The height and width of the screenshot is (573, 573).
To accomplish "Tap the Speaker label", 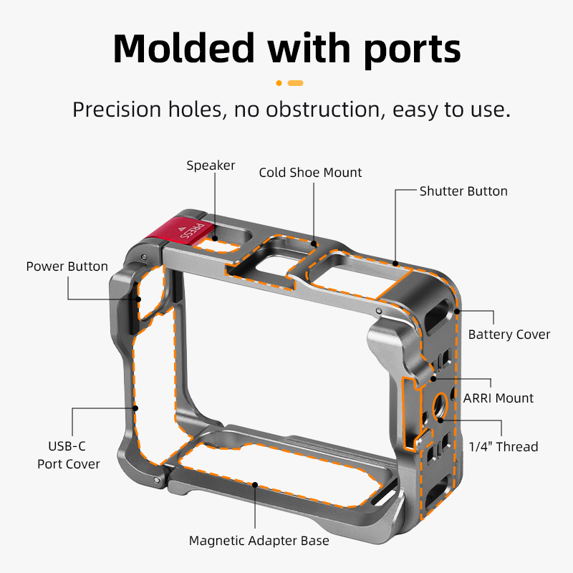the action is [x=211, y=165].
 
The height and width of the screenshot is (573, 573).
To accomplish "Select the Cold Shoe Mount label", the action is [x=310, y=173].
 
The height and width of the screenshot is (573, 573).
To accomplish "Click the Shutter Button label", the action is [x=463, y=191].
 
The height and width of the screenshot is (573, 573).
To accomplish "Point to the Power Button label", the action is [x=67, y=266].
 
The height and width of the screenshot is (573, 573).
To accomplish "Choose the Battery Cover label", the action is [x=509, y=334].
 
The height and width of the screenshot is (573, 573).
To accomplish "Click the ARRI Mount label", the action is [x=498, y=398].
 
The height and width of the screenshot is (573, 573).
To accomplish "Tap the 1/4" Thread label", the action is [x=504, y=446].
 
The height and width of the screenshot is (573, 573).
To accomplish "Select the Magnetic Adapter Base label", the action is [x=259, y=541].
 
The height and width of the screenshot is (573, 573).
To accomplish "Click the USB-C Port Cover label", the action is [x=68, y=455].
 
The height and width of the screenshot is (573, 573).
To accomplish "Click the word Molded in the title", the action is [x=184, y=49].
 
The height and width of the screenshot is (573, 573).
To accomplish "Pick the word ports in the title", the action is [x=413, y=51].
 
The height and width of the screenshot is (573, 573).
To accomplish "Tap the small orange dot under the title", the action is [x=279, y=83].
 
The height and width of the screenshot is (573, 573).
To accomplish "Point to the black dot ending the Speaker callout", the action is [x=216, y=239].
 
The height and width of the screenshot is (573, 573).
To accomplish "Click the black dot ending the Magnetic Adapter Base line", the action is [x=255, y=485].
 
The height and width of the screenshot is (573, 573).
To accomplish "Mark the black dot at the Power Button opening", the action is [x=138, y=299].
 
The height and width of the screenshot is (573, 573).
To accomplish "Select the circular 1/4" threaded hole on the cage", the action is [x=440, y=405].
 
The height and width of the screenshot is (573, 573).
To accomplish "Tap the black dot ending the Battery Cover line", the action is [x=457, y=312].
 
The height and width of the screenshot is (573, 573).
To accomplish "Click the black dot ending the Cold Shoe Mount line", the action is [x=314, y=244].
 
